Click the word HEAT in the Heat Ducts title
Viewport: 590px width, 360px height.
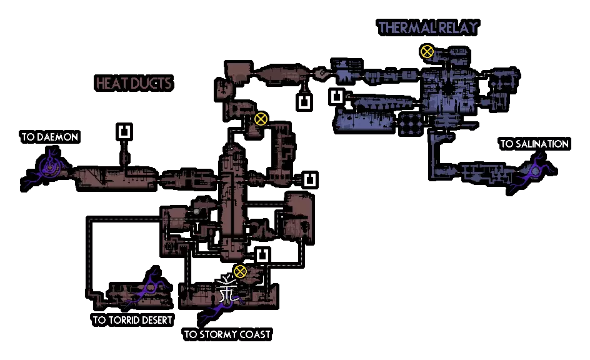(111, 84)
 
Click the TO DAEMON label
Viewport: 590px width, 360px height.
(49, 137)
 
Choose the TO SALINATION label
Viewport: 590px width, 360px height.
(534, 144)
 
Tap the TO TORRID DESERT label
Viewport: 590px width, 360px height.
(132, 321)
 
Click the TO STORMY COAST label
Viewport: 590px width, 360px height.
(227, 334)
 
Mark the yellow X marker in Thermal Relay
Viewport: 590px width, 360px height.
(427, 51)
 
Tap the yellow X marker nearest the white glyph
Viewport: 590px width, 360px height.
(240, 271)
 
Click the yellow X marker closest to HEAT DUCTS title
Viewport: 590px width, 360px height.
(261, 119)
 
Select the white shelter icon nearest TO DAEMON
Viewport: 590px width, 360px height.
(124, 131)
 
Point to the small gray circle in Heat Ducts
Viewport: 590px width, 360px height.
(196, 212)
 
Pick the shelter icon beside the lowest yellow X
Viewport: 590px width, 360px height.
(262, 255)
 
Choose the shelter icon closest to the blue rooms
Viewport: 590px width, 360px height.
(337, 97)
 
